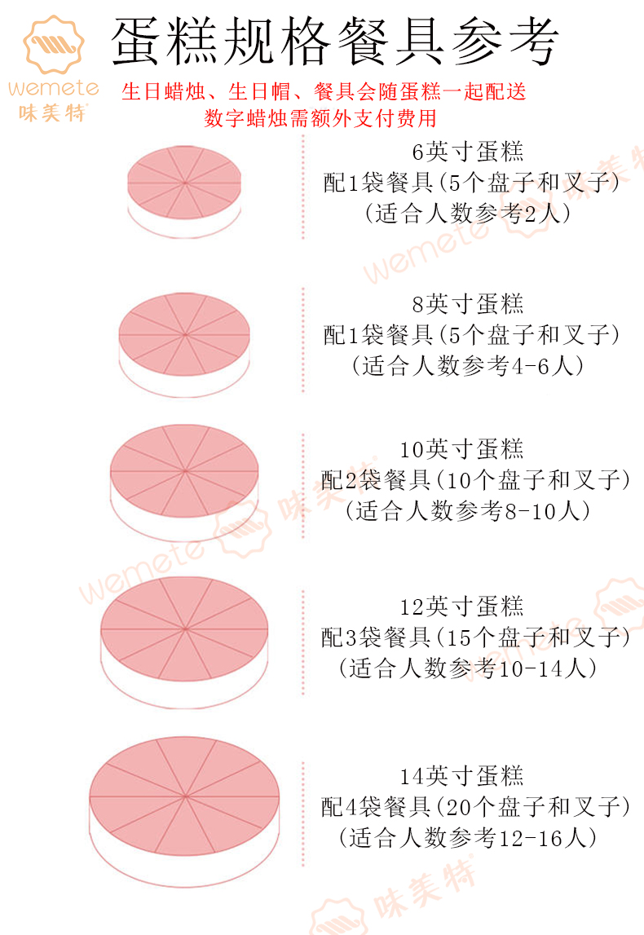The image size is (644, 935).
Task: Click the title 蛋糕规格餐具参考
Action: (334, 42)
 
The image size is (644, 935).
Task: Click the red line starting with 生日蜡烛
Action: (324, 91)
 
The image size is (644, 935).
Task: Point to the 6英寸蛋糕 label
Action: (468, 152)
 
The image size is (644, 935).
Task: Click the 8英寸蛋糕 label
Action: (468, 304)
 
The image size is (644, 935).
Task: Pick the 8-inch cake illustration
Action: (184, 342)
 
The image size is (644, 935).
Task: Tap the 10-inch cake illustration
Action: (184, 481)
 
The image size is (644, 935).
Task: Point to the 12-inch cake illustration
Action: (184, 640)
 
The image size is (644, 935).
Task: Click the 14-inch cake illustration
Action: (184, 807)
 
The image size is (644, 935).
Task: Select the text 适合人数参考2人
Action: (468, 214)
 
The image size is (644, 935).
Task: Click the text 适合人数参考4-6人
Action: (468, 366)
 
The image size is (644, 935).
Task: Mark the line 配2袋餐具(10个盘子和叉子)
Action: (476, 480)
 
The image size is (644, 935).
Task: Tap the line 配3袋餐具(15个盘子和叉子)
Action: (476, 637)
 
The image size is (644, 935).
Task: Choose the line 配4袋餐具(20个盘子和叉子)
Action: (476, 807)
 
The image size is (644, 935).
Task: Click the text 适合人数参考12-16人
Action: (468, 837)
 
